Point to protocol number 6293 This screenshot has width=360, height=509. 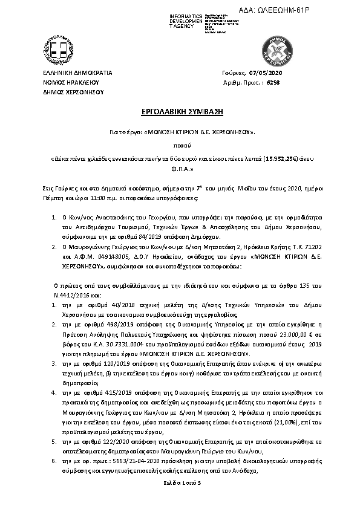tap(273, 82)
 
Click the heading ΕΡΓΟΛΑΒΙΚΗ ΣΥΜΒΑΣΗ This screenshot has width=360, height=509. tap(180, 113)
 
